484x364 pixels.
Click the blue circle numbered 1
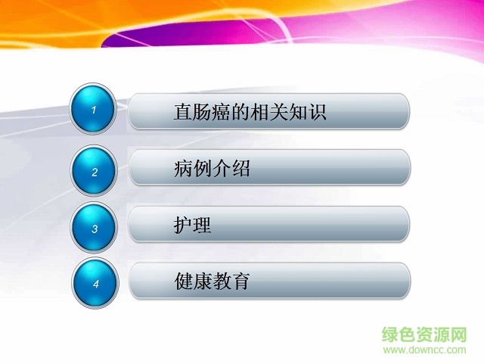click(94, 111)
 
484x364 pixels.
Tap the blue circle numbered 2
click(95, 172)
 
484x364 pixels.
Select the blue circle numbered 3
click(95, 228)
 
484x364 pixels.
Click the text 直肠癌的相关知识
click(250, 113)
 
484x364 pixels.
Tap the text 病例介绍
click(212, 169)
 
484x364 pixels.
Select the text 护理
click(193, 226)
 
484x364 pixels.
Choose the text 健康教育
click(212, 282)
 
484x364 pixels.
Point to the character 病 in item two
click(184, 169)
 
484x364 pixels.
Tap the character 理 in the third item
click(203, 226)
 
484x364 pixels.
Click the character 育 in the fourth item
click(240, 282)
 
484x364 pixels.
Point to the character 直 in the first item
click(183, 113)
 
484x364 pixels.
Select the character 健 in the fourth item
click(184, 282)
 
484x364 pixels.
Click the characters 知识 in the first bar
click(306, 113)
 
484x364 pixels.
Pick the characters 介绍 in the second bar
click(231, 169)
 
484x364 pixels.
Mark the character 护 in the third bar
click(184, 226)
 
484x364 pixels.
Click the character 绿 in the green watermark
click(392, 334)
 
